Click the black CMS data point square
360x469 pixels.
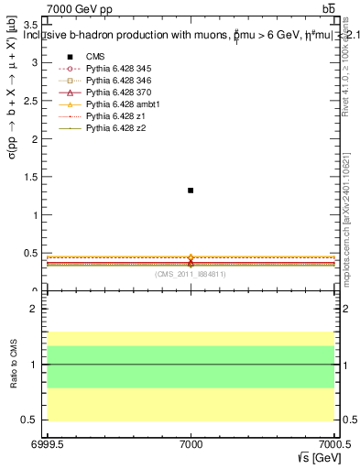191,191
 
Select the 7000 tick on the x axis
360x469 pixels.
191,442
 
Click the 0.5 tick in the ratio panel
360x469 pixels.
31,420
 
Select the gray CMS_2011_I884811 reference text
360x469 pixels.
191,274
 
